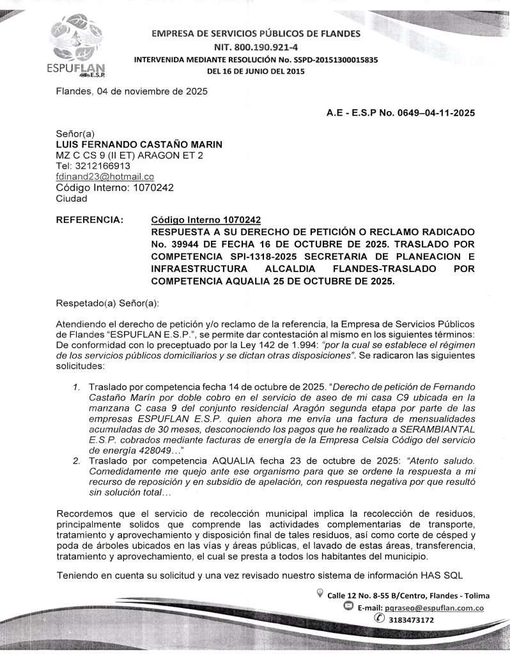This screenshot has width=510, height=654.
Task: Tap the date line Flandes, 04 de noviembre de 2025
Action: pos(131,91)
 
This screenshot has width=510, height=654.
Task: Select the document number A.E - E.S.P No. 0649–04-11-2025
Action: pos(401,113)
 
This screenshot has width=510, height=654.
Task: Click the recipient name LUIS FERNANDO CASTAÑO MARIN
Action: pos(139,144)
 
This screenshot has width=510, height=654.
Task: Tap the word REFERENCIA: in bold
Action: pos(90,220)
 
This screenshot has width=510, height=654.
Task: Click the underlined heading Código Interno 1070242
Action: pos(206,220)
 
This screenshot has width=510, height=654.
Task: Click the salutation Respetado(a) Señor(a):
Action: pos(107,301)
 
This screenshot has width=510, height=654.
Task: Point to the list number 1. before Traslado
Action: pos(76,387)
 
